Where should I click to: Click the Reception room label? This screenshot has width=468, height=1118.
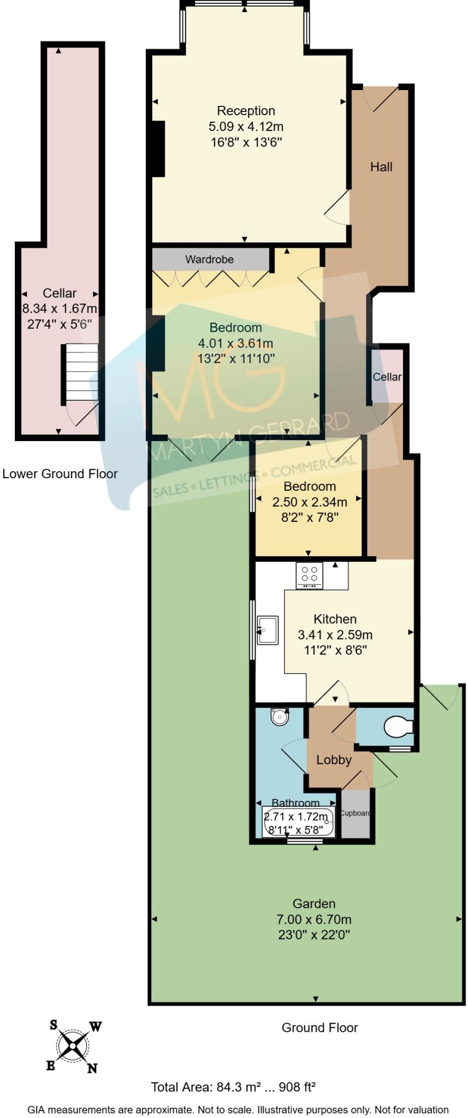click(246, 111)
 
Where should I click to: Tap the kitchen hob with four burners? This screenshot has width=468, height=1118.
click(309, 576)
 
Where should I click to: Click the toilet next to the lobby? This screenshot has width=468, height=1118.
click(398, 727)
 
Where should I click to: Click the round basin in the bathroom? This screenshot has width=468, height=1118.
click(280, 716)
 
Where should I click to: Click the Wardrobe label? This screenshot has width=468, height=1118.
click(209, 259)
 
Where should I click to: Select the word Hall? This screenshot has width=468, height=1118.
click(381, 167)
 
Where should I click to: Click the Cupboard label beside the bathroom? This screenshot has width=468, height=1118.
click(356, 813)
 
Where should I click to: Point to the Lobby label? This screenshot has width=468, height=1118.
click(334, 760)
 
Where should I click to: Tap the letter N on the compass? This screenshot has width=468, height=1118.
click(92, 1069)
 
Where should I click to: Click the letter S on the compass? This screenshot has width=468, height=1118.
click(54, 1025)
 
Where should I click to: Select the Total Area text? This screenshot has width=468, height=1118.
click(233, 1087)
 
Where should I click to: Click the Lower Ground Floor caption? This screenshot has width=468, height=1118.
click(60, 474)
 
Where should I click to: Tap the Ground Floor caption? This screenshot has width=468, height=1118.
click(319, 1028)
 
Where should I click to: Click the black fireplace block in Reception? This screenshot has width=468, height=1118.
click(158, 148)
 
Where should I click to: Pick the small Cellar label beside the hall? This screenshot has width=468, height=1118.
click(387, 377)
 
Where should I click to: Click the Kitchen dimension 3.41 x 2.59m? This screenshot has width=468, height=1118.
click(335, 635)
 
